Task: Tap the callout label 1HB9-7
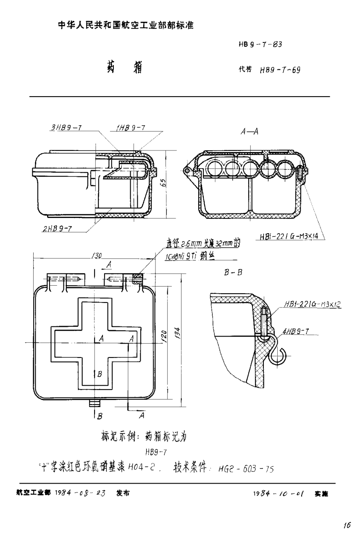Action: pos(129,128)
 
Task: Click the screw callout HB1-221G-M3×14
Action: pos(289,237)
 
